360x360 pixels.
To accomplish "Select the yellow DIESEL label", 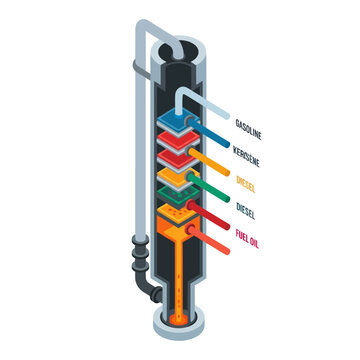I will point(247,183).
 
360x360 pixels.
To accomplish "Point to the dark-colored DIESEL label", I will point(245,210).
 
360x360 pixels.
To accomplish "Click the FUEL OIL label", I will point(249,237).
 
